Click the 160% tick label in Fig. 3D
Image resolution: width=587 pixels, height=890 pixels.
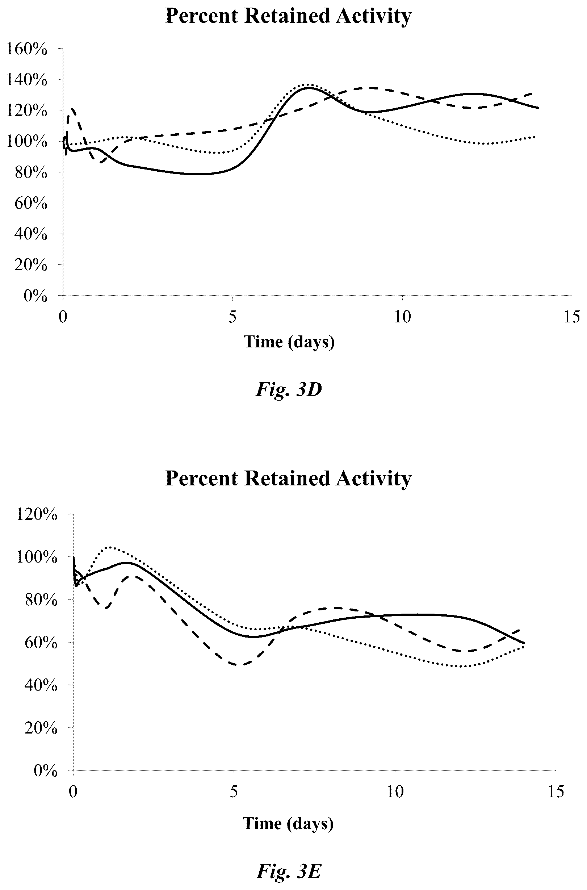tap(27, 49)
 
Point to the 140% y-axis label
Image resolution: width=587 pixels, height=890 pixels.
tap(27, 80)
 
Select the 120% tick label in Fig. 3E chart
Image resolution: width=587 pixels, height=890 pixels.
tap(37, 514)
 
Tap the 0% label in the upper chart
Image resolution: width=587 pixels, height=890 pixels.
tap(35, 296)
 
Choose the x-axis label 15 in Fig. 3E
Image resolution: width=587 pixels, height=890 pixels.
tap(555, 792)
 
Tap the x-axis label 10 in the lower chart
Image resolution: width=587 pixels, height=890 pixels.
tap(395, 792)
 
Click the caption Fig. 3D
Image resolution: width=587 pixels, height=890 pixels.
tap(289, 390)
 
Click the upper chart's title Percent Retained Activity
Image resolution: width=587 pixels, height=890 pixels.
tap(288, 16)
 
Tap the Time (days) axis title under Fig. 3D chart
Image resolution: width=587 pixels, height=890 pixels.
tap(289, 342)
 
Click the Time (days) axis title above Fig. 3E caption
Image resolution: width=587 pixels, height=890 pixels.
tap(288, 823)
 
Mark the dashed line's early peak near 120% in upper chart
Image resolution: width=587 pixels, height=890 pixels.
tap(72, 109)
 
